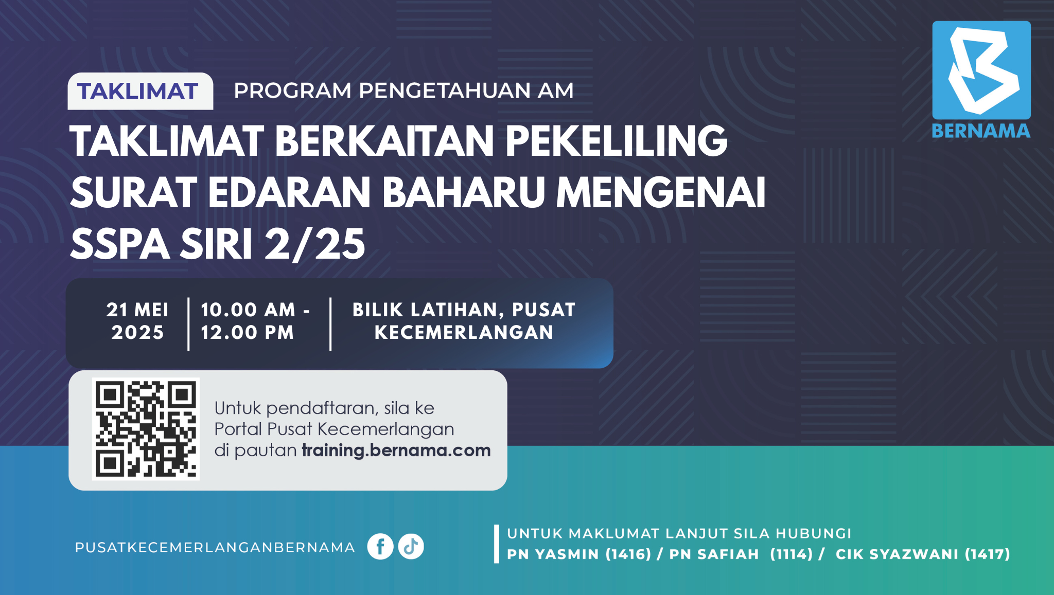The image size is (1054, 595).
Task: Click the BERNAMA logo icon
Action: [981, 70]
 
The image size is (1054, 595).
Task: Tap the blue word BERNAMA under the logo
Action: [981, 131]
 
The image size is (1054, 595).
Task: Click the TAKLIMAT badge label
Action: [138, 92]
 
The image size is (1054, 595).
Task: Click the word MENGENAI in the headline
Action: [661, 192]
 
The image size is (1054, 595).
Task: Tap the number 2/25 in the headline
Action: [315, 244]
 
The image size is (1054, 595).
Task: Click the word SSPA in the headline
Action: [120, 244]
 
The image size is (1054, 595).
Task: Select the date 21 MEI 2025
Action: [137, 321]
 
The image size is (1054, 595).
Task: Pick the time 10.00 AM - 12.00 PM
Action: [255, 321]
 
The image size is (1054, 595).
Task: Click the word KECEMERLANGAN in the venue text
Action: [464, 332]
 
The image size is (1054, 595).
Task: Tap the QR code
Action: [146, 429]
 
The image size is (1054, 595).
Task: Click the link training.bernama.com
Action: [396, 450]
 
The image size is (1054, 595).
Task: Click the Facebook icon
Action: [380, 546]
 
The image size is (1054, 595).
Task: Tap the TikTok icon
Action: [411, 546]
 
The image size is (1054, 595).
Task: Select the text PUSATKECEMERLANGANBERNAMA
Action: [215, 547]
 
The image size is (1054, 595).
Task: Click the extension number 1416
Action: [628, 554]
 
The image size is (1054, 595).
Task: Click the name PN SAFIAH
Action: [714, 554]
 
